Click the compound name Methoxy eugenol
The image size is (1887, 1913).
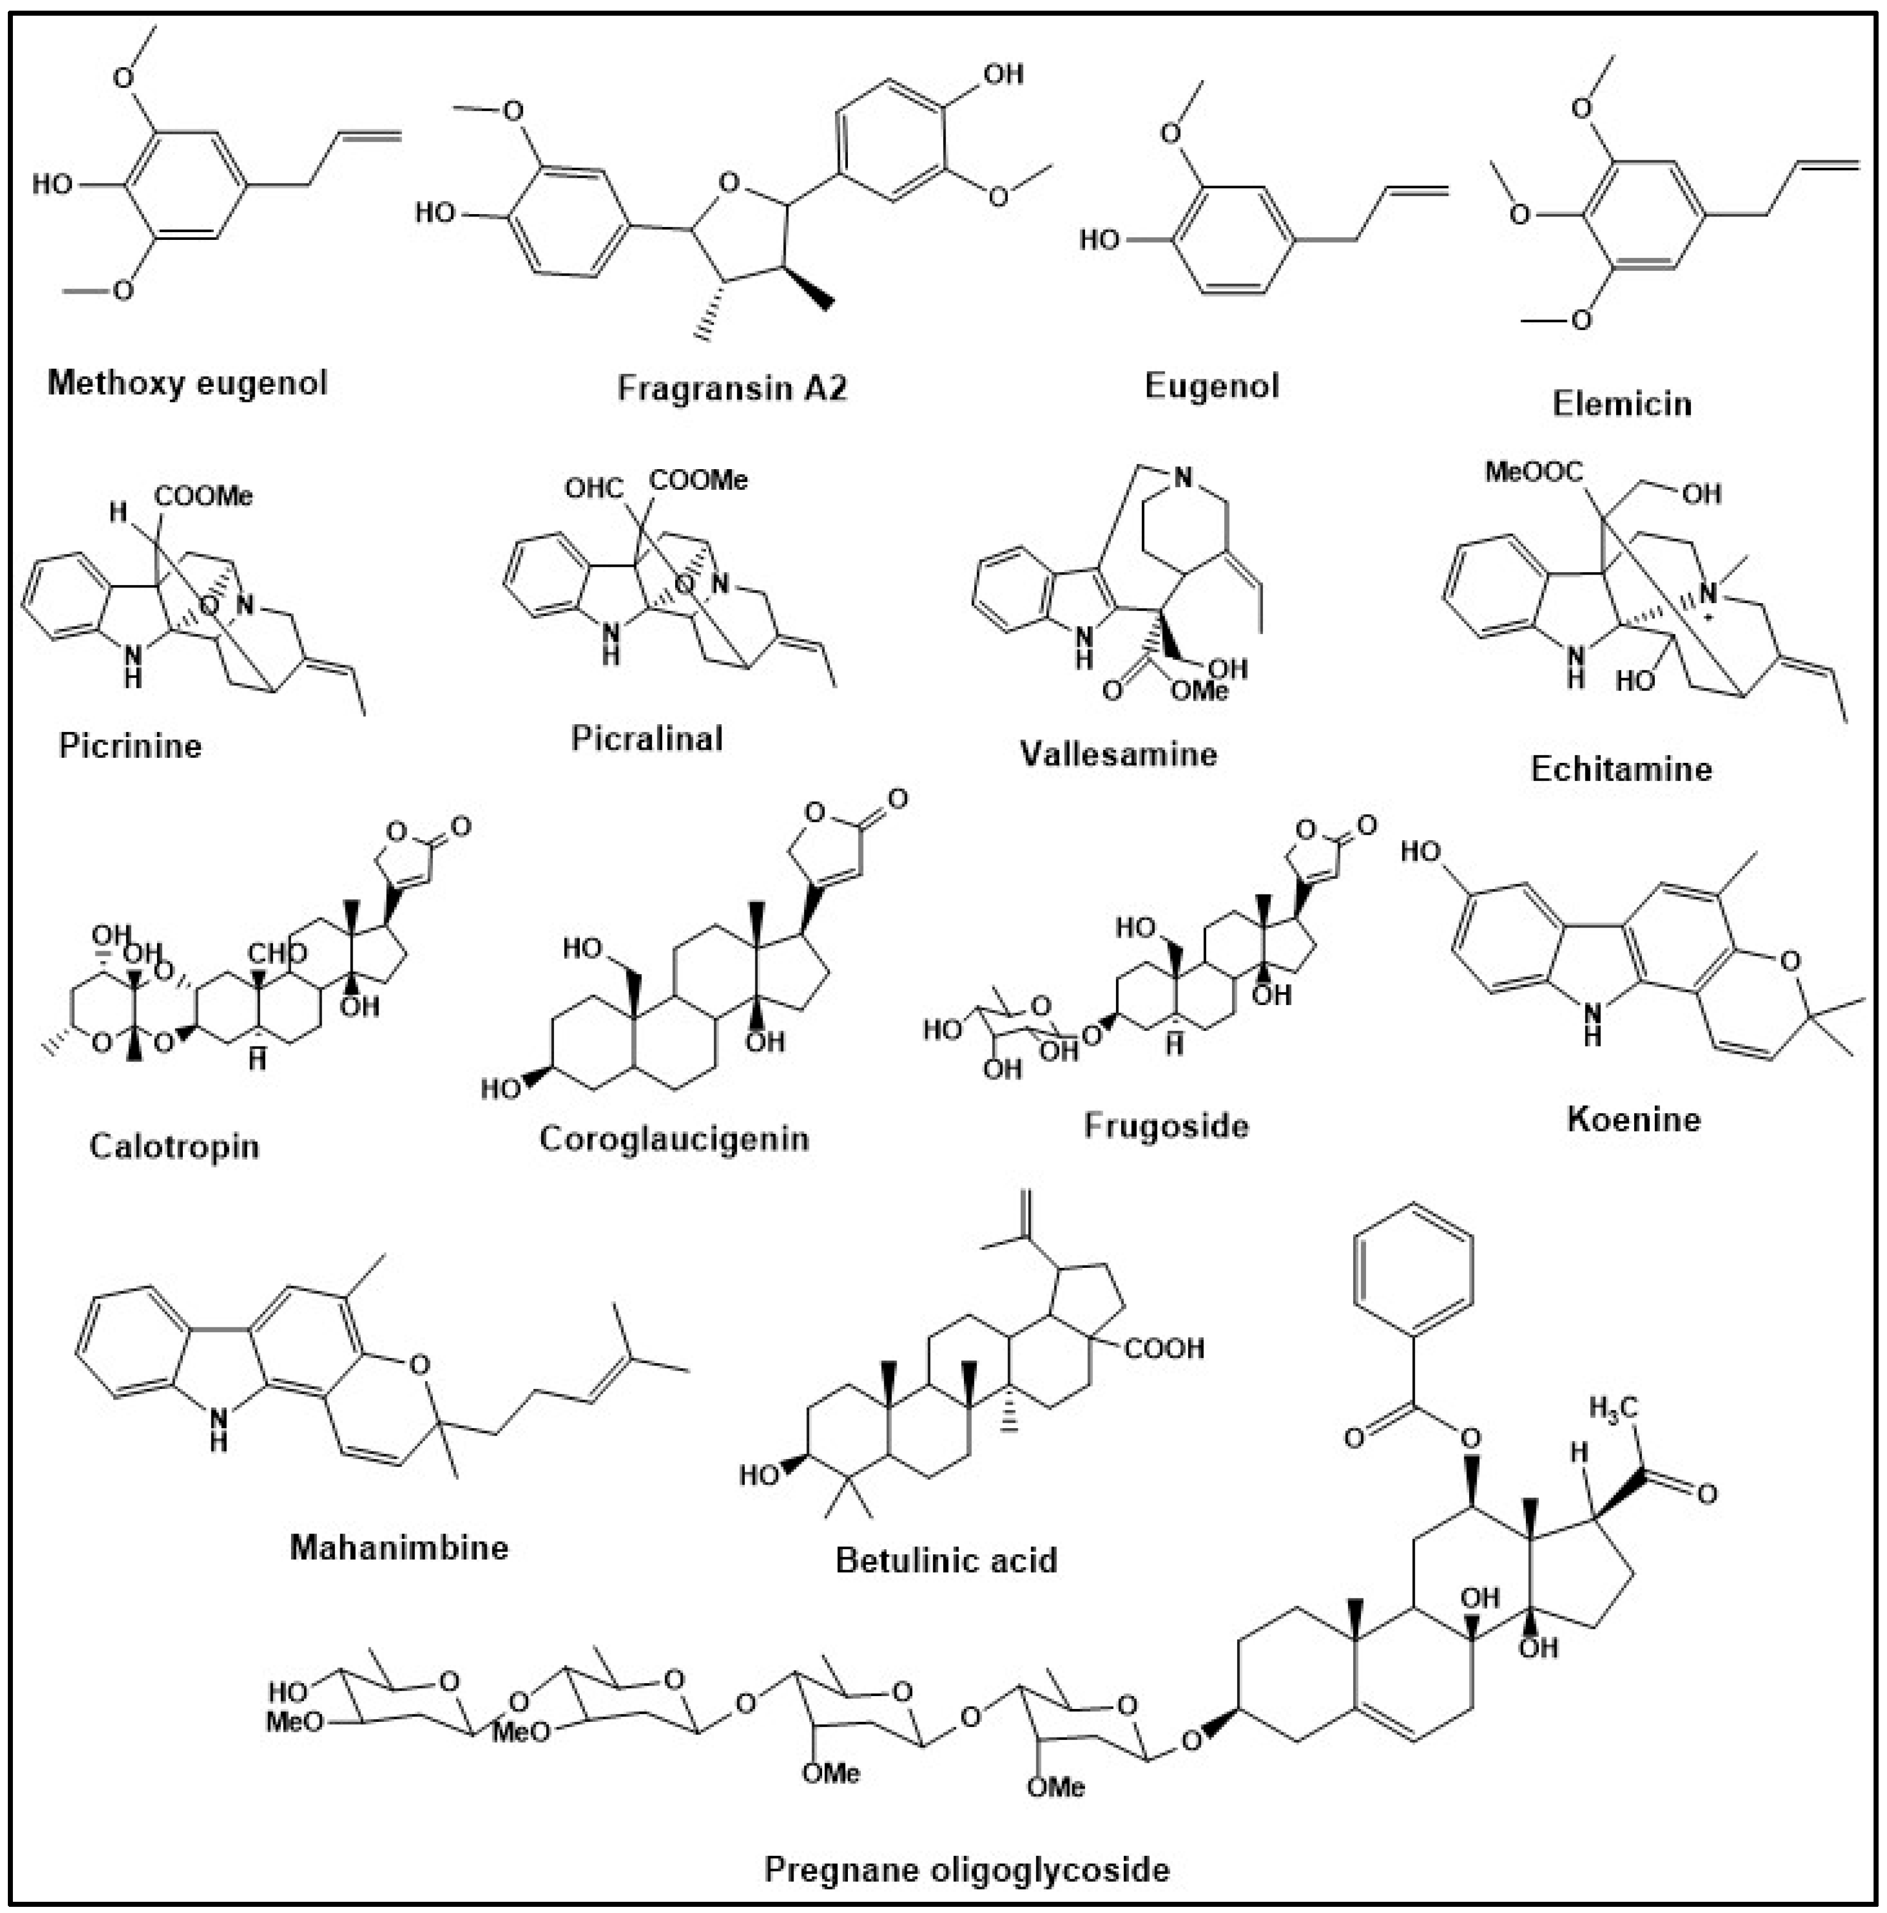[x=187, y=383]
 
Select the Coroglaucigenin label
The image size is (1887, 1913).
[x=673, y=1139]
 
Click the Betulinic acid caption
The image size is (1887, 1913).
[x=946, y=1560]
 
